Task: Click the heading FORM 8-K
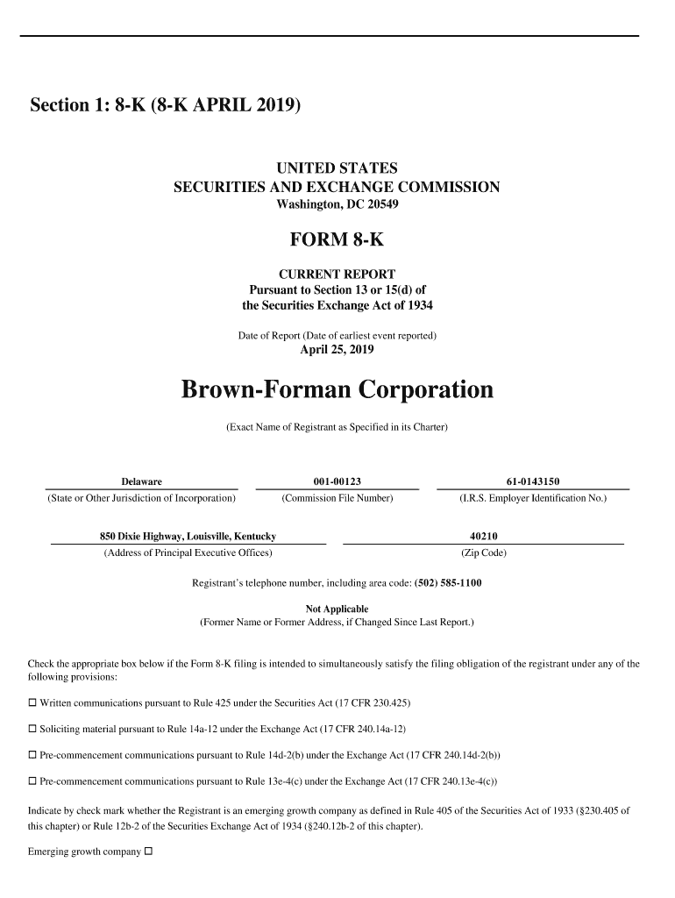tap(337, 239)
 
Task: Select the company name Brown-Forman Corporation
tap(337, 388)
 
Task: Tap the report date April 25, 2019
tap(337, 350)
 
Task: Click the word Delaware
tap(141, 481)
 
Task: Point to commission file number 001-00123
tap(337, 481)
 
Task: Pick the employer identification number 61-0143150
tap(532, 481)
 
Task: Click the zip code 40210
tap(483, 536)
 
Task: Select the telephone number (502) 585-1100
tap(447, 583)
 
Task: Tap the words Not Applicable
tap(337, 609)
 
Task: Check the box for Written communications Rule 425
tap(32, 703)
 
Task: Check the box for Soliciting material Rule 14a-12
tap(32, 729)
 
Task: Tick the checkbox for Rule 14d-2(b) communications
tap(32, 755)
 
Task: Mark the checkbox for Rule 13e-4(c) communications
tap(32, 781)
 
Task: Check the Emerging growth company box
tap(148, 852)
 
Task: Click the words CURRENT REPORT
tap(337, 274)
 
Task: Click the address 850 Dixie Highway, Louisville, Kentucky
tap(188, 536)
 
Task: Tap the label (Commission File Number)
tap(337, 498)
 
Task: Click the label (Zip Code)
tap(483, 553)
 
